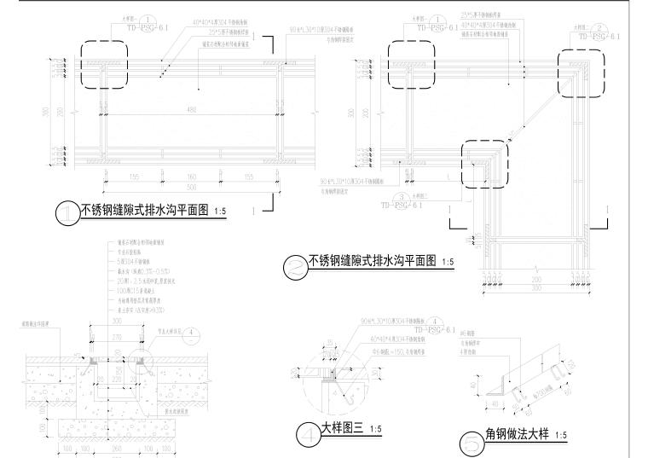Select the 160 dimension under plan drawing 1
[x=190, y=178]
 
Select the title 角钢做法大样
[x=513, y=436]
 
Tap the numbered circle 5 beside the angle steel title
[x=471, y=443]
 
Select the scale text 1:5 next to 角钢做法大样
[x=560, y=437]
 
